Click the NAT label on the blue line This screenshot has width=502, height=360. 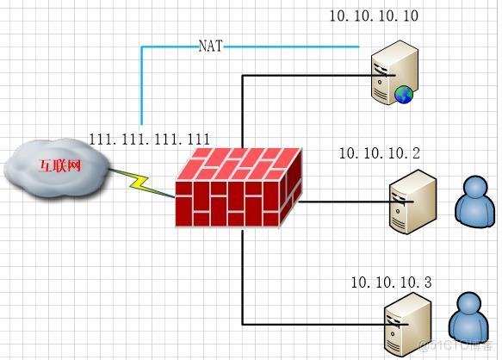click(x=210, y=46)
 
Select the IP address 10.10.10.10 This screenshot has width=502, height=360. click(x=374, y=16)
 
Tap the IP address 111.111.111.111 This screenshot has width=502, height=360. click(x=150, y=139)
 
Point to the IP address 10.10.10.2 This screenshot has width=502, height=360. click(x=380, y=153)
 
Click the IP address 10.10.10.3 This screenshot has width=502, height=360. click(x=392, y=282)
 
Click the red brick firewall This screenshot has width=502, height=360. click(x=239, y=188)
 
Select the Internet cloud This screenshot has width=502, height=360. click(x=57, y=168)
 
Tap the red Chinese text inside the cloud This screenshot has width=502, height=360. click(x=60, y=165)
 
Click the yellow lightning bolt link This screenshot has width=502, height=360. click(x=141, y=183)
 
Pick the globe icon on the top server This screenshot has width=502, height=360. click(x=403, y=95)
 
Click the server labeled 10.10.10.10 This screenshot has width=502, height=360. click(x=394, y=72)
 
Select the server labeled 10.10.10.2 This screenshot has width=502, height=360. click(x=412, y=202)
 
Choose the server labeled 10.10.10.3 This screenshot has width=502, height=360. click(x=408, y=324)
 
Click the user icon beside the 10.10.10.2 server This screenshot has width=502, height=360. click(x=475, y=202)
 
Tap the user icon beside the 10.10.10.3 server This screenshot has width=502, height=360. click(x=469, y=319)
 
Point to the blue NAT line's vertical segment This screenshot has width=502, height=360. click(x=141, y=85)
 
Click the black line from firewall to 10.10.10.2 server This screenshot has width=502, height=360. click(x=356, y=202)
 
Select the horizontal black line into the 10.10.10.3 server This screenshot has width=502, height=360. click(x=325, y=325)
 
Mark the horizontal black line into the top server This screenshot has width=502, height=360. click(x=319, y=76)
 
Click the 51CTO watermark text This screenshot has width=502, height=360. click(x=456, y=345)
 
